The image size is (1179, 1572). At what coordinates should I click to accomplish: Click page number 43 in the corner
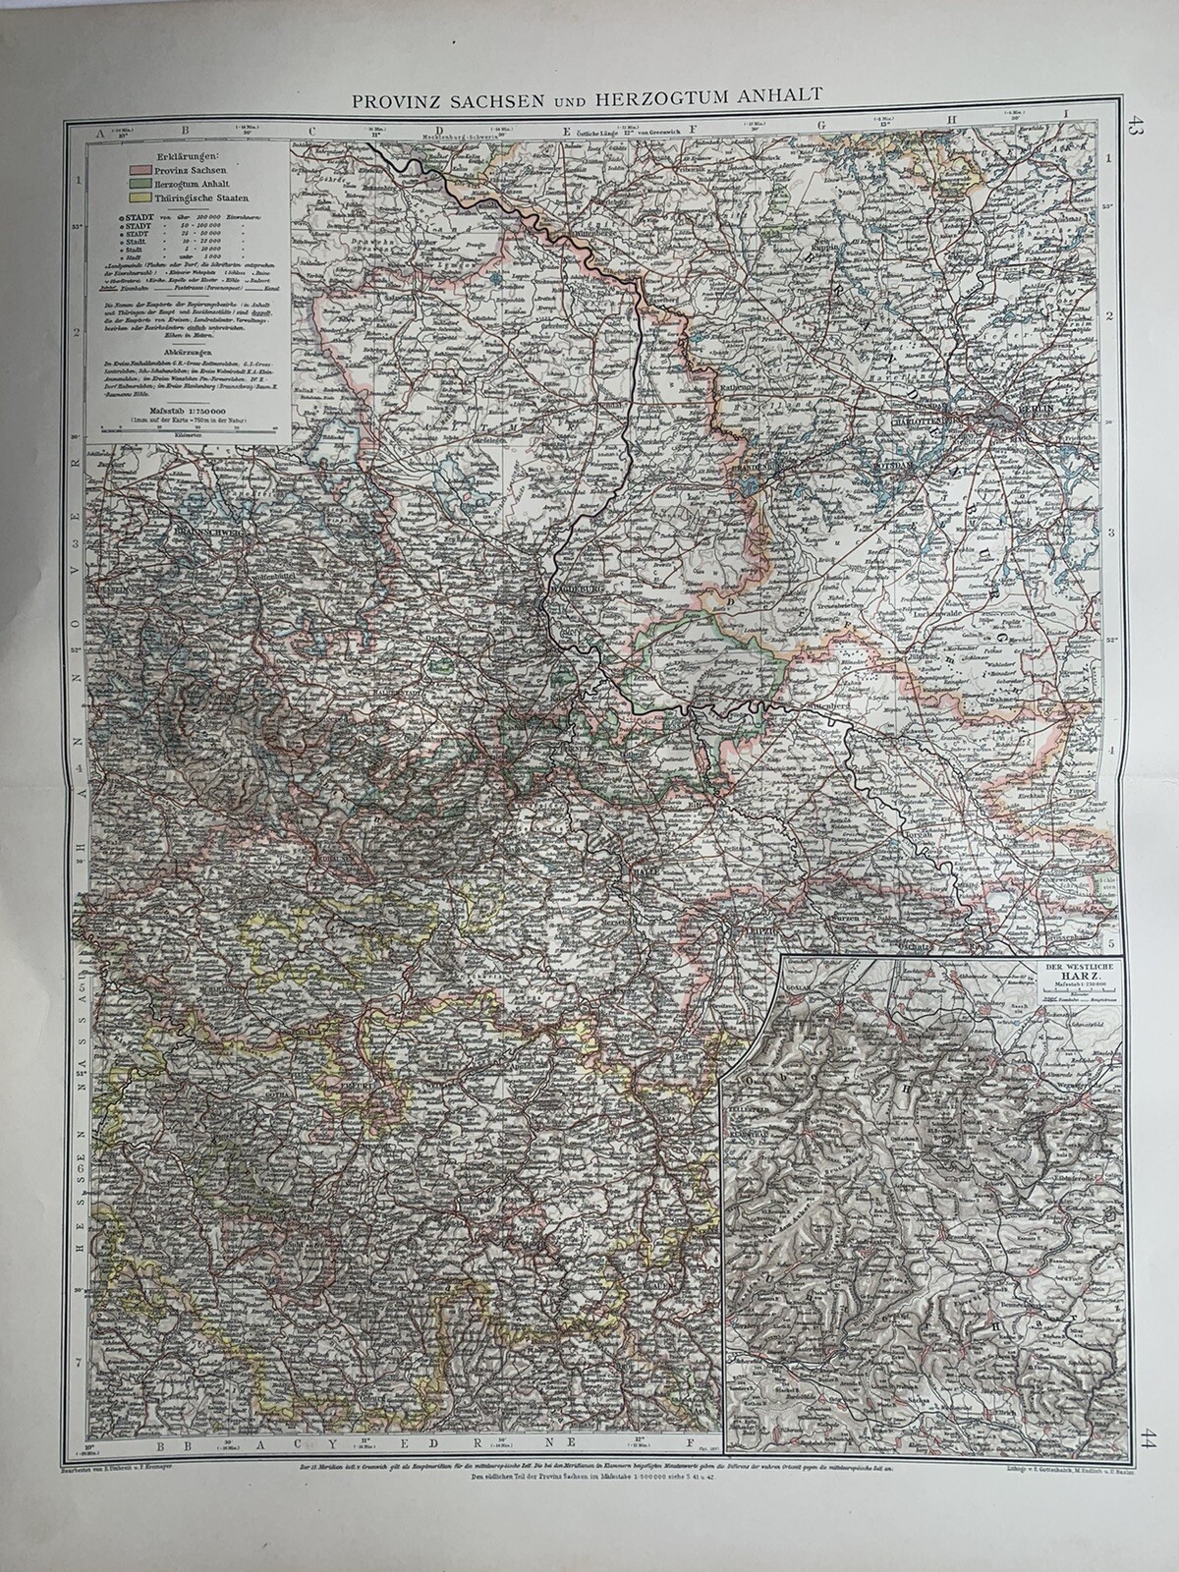[x=1136, y=128]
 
